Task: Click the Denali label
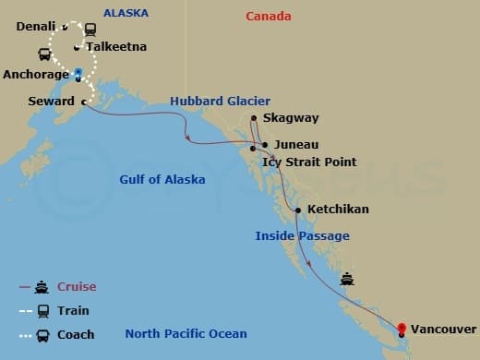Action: [x=35, y=26]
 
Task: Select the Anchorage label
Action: [x=36, y=74]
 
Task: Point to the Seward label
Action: [x=52, y=101]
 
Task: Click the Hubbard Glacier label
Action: [x=219, y=101]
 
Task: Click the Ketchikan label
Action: [x=338, y=210]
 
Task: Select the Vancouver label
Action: [x=443, y=329]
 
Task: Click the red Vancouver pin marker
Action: [x=402, y=328]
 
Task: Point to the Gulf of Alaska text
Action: [x=162, y=179]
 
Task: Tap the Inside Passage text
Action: [x=302, y=236]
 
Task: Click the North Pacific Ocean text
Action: [x=186, y=334]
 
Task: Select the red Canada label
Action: [x=269, y=17]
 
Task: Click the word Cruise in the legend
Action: [x=77, y=287]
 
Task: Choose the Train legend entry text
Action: [x=73, y=311]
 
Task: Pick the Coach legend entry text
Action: [x=76, y=335]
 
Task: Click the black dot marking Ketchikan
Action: [x=297, y=210]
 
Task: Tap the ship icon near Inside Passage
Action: [x=347, y=278]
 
